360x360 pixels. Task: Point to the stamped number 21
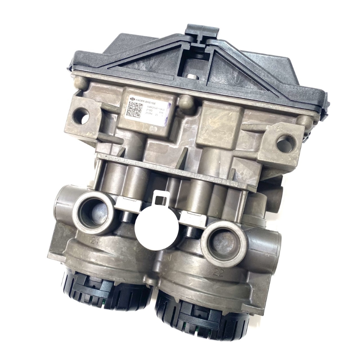tap(94, 241)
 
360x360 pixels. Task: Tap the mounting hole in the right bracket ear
tap(285, 143)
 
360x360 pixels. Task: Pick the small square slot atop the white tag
tap(161, 197)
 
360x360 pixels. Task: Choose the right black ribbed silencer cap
tap(202, 317)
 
